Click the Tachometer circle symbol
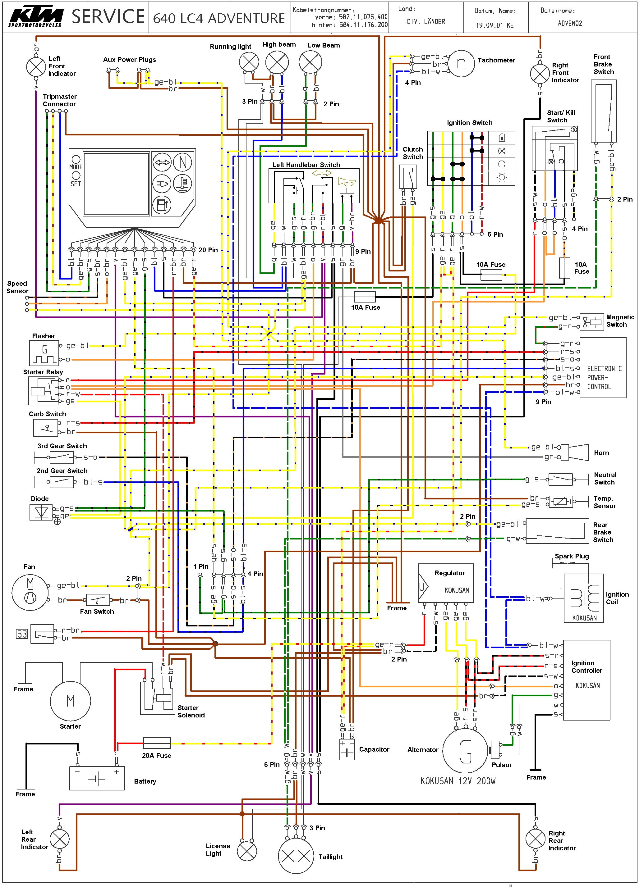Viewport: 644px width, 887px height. pos(461,63)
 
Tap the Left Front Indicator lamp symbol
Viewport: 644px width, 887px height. pos(36,66)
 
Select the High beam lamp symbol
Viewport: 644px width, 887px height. pos(277,62)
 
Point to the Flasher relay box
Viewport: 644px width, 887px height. pos(44,353)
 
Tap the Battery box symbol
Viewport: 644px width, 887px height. pos(97,779)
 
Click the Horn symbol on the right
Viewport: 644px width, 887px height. pos(576,453)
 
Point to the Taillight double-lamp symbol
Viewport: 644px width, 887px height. pos(296,856)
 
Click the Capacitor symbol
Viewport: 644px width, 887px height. pos(347,749)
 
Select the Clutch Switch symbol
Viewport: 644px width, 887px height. pos(408,177)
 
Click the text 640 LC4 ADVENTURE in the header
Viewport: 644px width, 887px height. pos(219,18)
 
